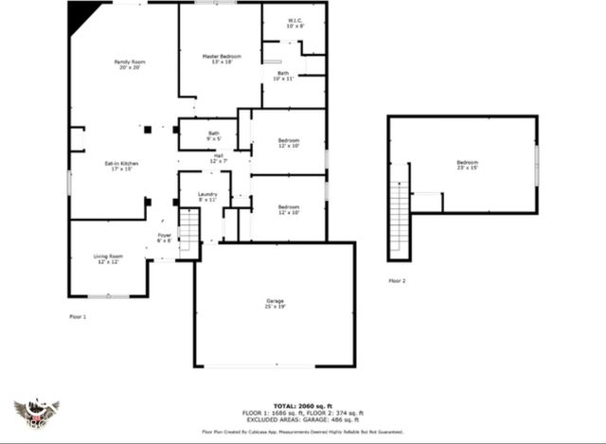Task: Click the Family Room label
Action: point(129,64)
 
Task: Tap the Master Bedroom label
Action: point(222,59)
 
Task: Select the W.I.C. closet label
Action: point(295,24)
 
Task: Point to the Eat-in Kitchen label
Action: point(121,167)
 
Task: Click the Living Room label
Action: point(108,258)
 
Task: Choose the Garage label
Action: point(275,304)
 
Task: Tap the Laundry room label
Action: point(207,197)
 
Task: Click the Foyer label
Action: point(164,238)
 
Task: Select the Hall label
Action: point(218,158)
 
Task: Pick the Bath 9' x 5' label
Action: point(214,136)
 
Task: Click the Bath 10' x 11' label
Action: point(283,76)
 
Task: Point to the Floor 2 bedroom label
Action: point(467,165)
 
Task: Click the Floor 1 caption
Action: point(78,316)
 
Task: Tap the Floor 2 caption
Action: point(397,281)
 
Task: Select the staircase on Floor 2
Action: point(400,218)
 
